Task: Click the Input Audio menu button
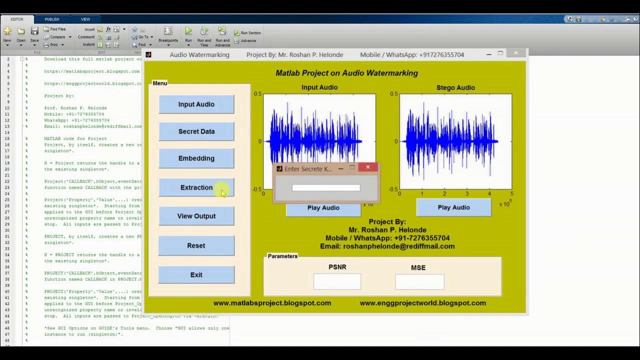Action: (196, 104)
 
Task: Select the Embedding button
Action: (196, 158)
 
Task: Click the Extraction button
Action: (196, 187)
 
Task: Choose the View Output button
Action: (196, 216)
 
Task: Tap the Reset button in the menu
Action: (196, 245)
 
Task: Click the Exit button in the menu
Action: (196, 274)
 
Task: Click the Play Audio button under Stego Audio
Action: (453, 207)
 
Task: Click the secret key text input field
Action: (326, 188)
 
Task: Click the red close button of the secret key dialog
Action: (368, 167)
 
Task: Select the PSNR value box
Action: (337, 281)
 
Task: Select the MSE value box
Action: (419, 282)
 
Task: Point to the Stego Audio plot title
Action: (455, 87)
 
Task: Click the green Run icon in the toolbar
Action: (188, 31)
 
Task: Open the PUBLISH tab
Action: (52, 19)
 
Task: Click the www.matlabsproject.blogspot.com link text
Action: (272, 303)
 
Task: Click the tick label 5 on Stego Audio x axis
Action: (511, 193)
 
